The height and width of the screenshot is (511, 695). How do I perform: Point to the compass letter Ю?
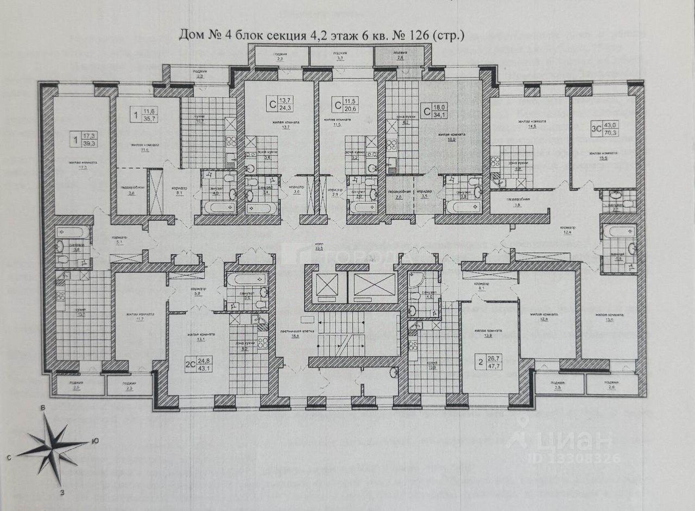click(95, 440)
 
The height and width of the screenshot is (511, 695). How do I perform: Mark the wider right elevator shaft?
click(375, 285)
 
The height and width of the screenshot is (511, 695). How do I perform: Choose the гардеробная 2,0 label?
click(399, 194)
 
